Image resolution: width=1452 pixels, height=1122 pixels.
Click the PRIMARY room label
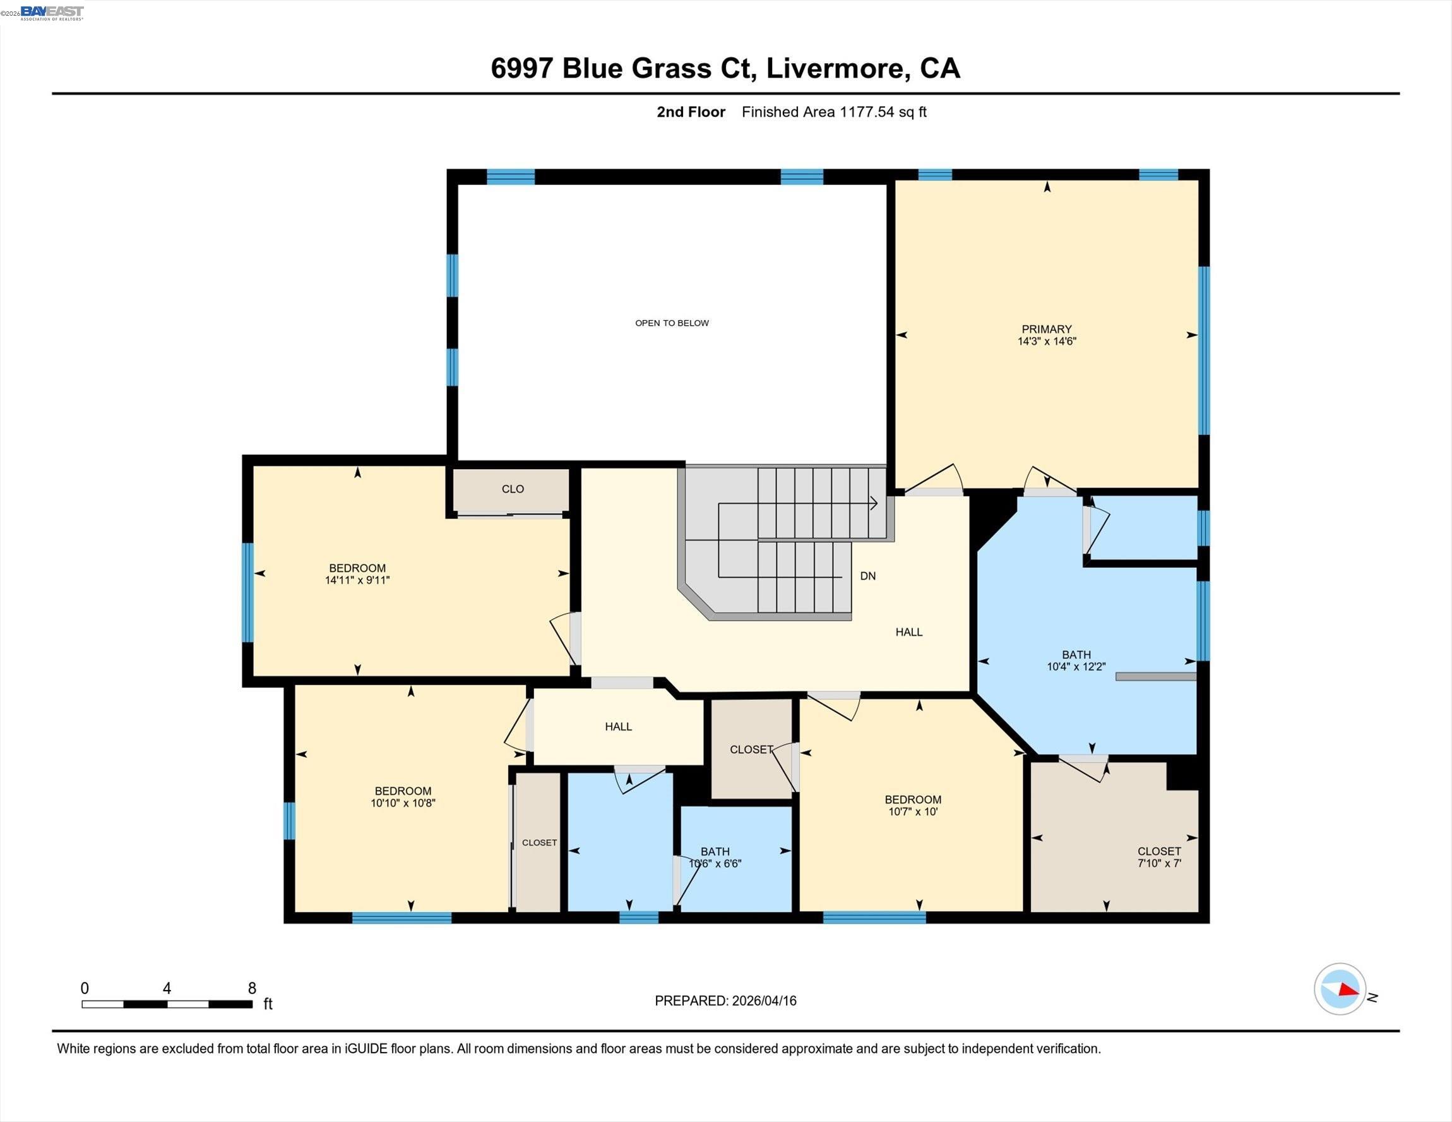(1047, 329)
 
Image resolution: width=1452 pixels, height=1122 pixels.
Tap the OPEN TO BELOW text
(672, 323)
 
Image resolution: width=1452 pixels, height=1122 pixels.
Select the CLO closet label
(513, 489)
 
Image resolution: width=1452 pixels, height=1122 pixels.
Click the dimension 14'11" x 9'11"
(357, 580)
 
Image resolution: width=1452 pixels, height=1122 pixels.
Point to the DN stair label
(867, 576)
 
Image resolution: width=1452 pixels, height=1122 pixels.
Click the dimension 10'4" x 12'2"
(1076, 666)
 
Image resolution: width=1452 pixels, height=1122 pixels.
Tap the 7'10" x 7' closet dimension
(1159, 863)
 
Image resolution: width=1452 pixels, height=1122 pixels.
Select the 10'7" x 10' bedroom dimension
(913, 811)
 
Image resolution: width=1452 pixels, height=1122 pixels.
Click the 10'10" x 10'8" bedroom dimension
(403, 803)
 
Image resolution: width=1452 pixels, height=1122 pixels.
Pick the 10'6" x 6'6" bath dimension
(715, 864)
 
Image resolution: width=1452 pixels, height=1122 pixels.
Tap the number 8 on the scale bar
(252, 988)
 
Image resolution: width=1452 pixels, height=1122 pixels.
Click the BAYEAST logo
(52, 12)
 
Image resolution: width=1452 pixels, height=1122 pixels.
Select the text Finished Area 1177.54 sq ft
(834, 112)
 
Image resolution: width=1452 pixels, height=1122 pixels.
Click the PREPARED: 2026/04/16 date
(725, 1001)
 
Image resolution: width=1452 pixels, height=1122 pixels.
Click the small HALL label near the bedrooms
(618, 727)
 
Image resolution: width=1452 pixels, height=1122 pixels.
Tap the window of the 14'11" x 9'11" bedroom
(247, 592)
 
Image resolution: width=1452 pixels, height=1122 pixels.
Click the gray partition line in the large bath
(1155, 677)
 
